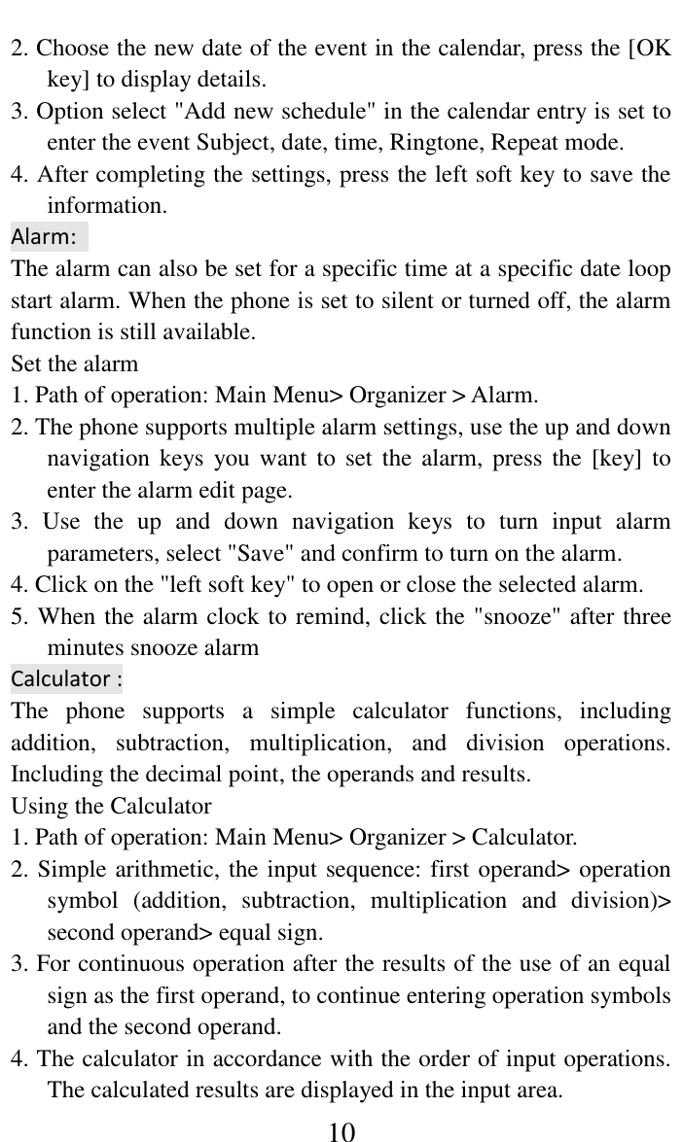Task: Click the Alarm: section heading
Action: [44, 237]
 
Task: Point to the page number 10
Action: [341, 1131]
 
